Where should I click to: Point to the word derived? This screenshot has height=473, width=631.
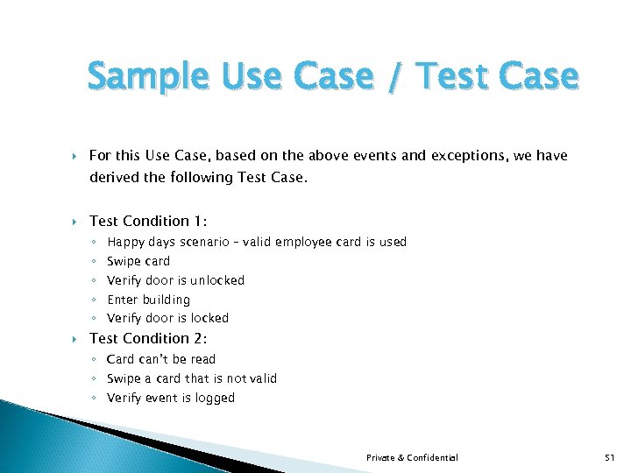113,178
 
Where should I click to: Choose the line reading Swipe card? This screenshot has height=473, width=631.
138,261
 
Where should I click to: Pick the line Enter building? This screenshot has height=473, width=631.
148,300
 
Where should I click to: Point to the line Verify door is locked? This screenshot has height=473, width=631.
167,318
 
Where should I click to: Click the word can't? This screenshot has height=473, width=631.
154,359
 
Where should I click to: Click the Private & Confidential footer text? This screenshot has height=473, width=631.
412,457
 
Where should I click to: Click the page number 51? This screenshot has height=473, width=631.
610,457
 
